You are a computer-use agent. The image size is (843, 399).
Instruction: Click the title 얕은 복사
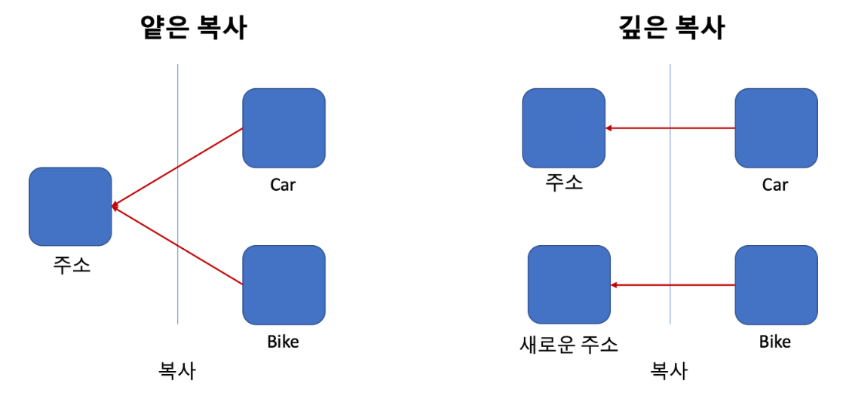[194, 28]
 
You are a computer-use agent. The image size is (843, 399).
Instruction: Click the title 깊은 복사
[669, 28]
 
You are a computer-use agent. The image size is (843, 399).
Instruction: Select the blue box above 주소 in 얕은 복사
[70, 206]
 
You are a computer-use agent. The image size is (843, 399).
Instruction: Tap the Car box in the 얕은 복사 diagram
[284, 127]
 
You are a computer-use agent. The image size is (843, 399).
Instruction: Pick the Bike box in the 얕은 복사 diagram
[284, 284]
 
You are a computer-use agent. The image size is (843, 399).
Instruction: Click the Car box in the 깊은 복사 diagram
[776, 127]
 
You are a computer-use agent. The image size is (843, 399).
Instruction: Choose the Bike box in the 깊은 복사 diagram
[776, 284]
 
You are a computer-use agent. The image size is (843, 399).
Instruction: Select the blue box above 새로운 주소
[569, 284]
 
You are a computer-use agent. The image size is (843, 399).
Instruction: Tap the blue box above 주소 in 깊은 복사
[563, 127]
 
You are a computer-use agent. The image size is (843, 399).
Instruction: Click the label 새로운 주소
[569, 345]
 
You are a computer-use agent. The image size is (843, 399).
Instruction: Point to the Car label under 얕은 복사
[283, 185]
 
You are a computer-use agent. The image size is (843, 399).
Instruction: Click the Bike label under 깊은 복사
[774, 342]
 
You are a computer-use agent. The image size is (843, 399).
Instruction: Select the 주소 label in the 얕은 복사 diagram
[72, 265]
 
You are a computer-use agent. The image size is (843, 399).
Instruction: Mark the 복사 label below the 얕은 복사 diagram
[176, 371]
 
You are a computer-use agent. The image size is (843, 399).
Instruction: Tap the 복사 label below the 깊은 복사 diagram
[669, 371]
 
